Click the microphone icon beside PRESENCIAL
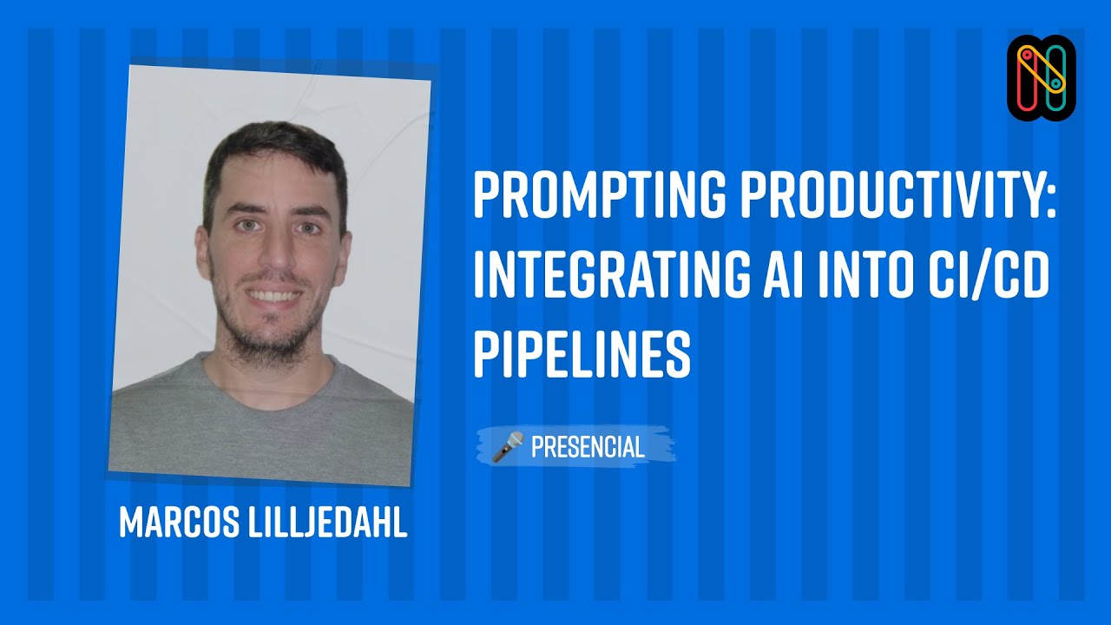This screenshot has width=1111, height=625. tap(508, 446)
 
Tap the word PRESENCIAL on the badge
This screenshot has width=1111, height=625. tap(588, 447)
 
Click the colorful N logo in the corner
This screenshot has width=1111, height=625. tap(1042, 78)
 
